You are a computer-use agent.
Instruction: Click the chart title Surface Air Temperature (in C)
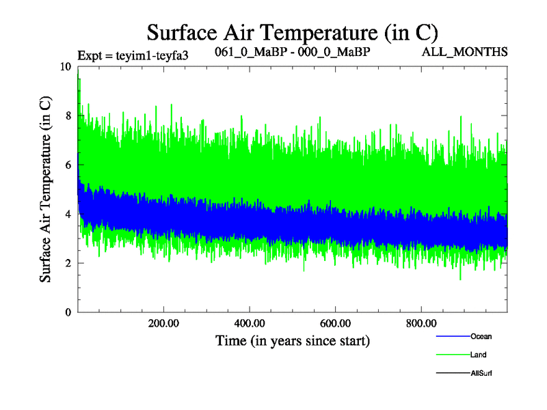[x=293, y=32]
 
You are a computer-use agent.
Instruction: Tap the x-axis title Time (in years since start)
[x=293, y=340]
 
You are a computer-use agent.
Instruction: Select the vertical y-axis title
[x=45, y=189]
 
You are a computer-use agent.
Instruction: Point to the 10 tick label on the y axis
[x=65, y=67]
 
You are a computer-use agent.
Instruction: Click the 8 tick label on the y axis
[x=67, y=116]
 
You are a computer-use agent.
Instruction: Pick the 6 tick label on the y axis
[x=67, y=165]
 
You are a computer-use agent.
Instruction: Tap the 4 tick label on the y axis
[x=67, y=215]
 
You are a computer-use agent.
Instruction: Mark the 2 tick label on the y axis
[x=67, y=264]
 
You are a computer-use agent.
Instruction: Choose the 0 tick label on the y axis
[x=67, y=313]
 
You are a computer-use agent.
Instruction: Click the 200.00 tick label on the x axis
[x=163, y=323]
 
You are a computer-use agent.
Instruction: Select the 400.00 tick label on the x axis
[x=250, y=323]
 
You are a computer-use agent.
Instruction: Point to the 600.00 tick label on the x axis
[x=336, y=323]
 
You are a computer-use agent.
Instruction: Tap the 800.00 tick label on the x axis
[x=422, y=323]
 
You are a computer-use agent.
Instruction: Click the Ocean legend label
[x=481, y=336]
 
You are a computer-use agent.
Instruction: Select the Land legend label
[x=479, y=355]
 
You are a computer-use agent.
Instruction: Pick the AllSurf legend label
[x=481, y=373]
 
